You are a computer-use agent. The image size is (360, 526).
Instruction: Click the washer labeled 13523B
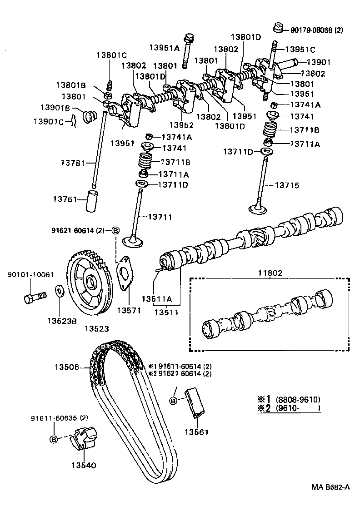pos(59,291)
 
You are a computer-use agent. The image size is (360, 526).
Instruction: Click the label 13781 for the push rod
pos(73,162)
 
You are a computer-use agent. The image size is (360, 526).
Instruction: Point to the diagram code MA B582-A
pos(330,487)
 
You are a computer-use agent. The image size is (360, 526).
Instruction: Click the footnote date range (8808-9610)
pos(298,399)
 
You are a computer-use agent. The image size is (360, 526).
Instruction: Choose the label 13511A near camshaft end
pos(156,299)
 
